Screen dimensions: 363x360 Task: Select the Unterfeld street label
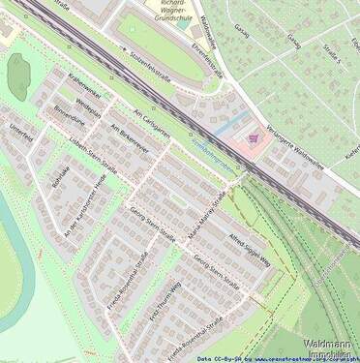click(19, 135)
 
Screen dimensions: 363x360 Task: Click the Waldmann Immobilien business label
click(329, 348)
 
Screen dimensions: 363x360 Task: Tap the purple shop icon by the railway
click(255, 139)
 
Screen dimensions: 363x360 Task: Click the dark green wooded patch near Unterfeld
click(18, 76)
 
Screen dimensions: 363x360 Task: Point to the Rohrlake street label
click(59, 180)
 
